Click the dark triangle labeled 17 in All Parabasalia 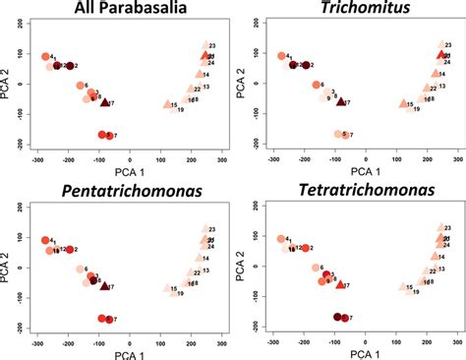[104, 102]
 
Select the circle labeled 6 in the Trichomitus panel [317, 87]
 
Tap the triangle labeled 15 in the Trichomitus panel [403, 103]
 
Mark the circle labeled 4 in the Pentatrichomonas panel [44, 240]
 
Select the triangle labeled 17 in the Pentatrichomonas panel [104, 284]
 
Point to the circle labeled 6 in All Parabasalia [81, 87]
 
